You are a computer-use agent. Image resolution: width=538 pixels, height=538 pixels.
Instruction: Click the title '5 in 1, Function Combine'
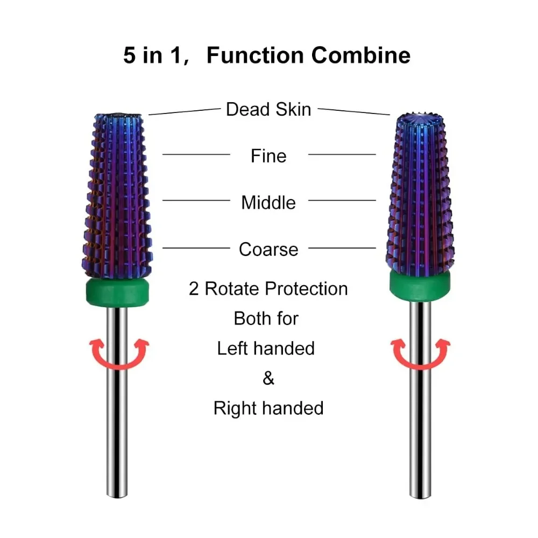[267, 55]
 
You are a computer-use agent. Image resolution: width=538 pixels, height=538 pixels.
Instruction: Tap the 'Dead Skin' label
[268, 109]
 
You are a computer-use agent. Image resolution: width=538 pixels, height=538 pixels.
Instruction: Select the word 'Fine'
[268, 156]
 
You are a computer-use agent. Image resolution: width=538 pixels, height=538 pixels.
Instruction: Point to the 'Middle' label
[268, 203]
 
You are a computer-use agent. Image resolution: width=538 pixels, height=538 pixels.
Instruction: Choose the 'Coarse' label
[268, 250]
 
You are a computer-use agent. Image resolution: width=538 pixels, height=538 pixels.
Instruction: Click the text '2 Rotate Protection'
[268, 289]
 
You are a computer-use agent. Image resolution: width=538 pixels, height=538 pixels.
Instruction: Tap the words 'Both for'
[266, 318]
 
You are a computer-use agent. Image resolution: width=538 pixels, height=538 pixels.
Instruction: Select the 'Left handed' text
[266, 348]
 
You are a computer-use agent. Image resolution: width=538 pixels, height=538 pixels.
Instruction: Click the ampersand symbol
[268, 378]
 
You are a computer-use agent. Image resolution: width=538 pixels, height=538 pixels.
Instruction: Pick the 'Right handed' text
[268, 408]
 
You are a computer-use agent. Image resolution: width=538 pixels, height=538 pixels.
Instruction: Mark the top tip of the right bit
[419, 116]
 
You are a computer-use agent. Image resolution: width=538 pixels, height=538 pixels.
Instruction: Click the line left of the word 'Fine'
[196, 155]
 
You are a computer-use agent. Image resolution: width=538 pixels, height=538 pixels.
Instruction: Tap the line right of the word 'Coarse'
[342, 248]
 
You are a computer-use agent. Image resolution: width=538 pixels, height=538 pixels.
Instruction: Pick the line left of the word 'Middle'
[196, 201]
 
